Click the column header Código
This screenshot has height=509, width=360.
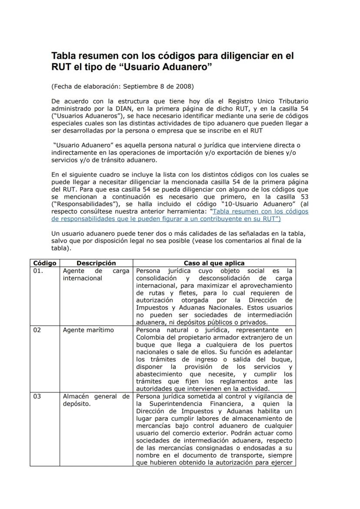[x=44, y=263]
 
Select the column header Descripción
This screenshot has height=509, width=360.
[x=96, y=263]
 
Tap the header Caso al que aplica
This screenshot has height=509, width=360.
[x=214, y=263]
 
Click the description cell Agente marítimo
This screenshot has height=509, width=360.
[x=88, y=330]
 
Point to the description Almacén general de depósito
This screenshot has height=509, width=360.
[x=96, y=400]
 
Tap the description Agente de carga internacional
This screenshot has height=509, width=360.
[x=96, y=274]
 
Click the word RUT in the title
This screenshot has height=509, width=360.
[x=60, y=67]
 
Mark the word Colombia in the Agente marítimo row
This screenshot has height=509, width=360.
[x=150, y=337]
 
